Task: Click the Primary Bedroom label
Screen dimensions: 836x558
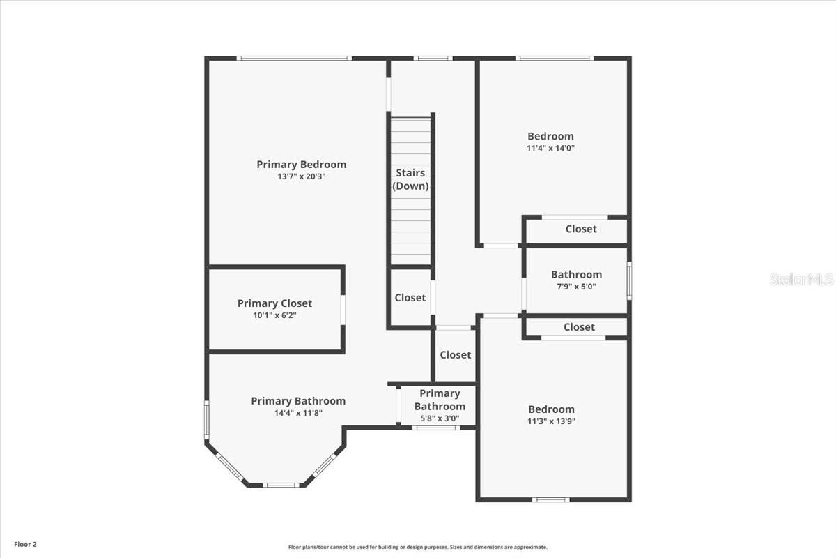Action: click(x=301, y=165)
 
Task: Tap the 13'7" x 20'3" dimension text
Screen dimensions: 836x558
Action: click(x=302, y=176)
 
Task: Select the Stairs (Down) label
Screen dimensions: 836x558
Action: click(x=410, y=179)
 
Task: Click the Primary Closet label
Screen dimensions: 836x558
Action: click(x=274, y=303)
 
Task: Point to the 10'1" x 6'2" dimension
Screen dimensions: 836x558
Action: click(x=274, y=315)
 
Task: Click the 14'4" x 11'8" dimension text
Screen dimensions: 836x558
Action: click(x=298, y=413)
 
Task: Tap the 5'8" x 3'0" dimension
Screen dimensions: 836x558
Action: click(x=440, y=418)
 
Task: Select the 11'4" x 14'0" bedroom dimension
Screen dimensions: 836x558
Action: click(x=550, y=148)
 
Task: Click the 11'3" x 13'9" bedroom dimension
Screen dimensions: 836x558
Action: click(x=551, y=421)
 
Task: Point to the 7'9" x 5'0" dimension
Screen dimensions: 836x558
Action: click(x=576, y=287)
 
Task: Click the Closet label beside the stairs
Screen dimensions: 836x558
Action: click(x=410, y=298)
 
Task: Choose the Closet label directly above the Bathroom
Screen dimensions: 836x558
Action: click(x=581, y=229)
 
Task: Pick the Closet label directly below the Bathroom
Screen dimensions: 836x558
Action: click(x=579, y=327)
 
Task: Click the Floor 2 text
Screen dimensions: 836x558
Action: click(x=25, y=544)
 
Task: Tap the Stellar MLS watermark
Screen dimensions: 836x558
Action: click(x=802, y=279)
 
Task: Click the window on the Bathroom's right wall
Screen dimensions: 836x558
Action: click(x=629, y=280)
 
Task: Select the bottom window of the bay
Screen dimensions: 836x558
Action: click(x=281, y=485)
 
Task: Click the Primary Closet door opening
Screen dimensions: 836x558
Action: click(x=343, y=310)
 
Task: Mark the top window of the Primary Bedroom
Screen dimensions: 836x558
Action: click(x=294, y=59)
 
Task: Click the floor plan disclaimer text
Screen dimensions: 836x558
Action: click(x=417, y=547)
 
